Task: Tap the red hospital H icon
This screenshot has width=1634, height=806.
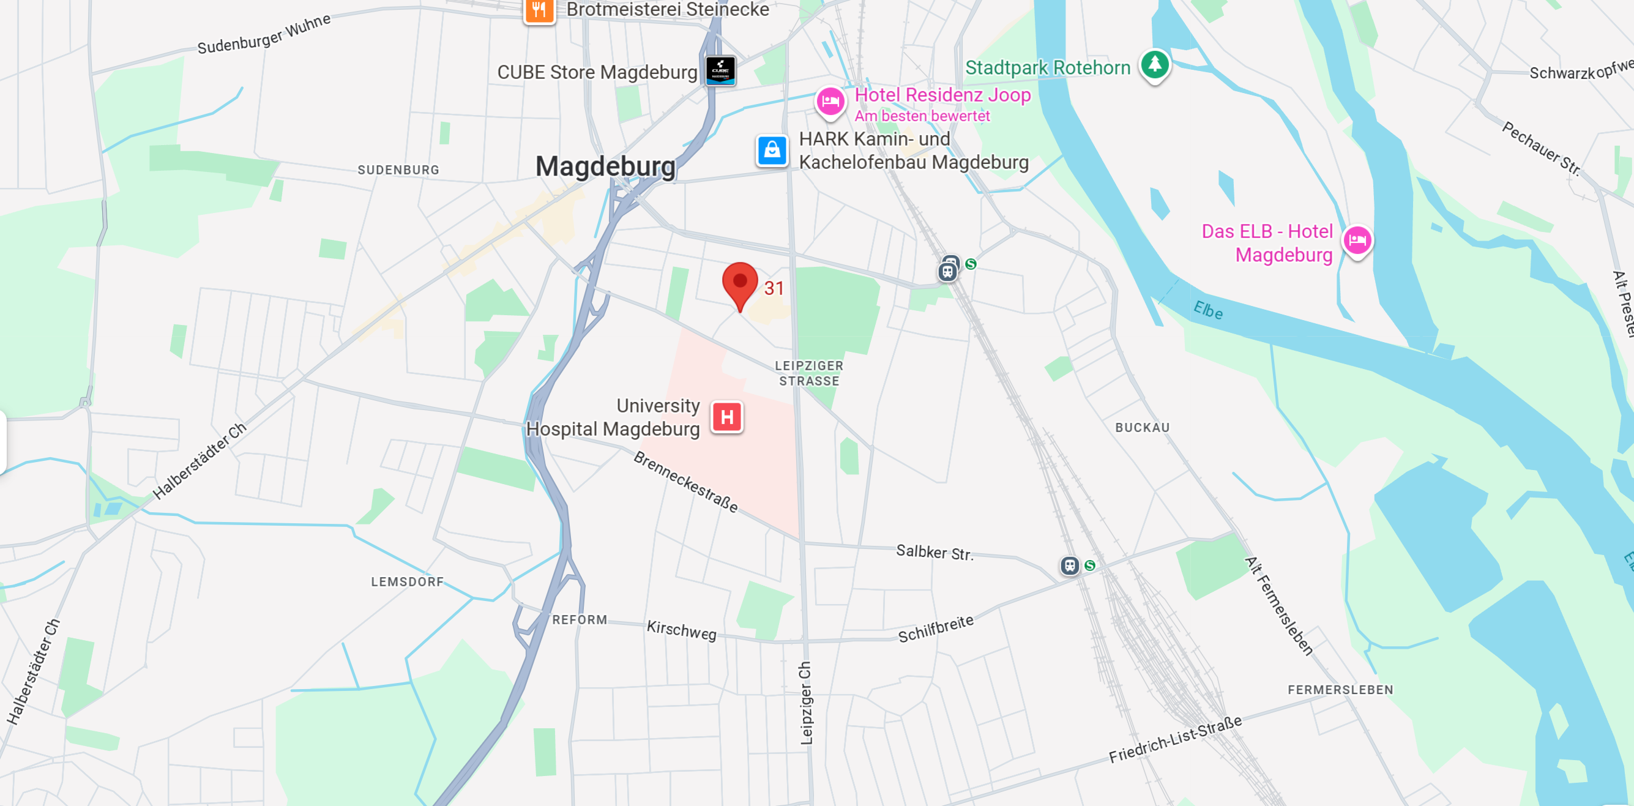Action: coord(727,417)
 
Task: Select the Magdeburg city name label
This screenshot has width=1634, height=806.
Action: coord(605,166)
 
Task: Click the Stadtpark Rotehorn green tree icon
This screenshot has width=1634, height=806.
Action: coord(1154,64)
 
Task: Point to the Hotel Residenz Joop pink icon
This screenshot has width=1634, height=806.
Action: coord(830,102)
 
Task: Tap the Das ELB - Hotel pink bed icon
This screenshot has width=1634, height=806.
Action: coord(1357,241)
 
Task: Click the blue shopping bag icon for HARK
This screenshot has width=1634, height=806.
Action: coord(772,151)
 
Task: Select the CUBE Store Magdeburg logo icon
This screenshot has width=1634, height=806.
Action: coord(720,70)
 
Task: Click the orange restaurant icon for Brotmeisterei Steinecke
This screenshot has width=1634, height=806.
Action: coord(539,10)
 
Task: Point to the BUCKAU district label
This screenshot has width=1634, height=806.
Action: coord(1142,427)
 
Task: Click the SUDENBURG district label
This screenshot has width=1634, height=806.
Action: coord(398,170)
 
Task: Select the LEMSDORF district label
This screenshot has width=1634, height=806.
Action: coord(407,581)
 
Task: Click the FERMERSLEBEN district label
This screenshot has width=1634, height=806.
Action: coord(1340,689)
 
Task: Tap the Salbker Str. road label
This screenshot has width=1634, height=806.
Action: coord(934,553)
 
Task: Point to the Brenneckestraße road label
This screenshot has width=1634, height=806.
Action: coord(685,482)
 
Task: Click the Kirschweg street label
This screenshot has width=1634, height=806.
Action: coord(681,630)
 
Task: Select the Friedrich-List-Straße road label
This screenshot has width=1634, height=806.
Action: coord(1175,739)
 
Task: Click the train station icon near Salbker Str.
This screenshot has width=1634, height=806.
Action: coord(1070,565)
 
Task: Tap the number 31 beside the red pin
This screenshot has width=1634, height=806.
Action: coord(774,288)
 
